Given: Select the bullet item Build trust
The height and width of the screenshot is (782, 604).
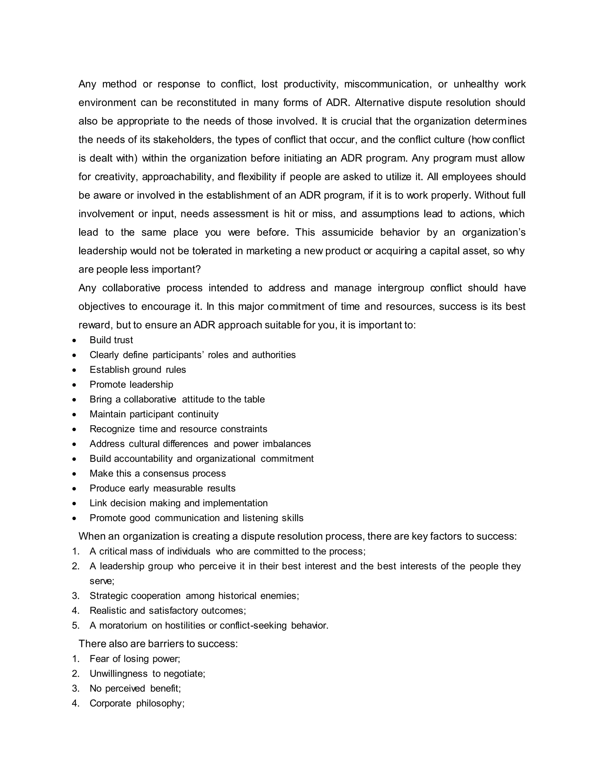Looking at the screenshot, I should click(x=111, y=340).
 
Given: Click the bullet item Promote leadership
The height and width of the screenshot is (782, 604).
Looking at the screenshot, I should click(x=131, y=385).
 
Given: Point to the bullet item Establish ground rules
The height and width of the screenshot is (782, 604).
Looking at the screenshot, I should click(x=137, y=370).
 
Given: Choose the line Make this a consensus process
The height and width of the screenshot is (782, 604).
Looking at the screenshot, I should click(x=157, y=474).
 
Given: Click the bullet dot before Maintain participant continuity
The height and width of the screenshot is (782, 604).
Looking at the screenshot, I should click(x=74, y=415).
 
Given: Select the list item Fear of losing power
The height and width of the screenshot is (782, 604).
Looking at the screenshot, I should click(x=134, y=659).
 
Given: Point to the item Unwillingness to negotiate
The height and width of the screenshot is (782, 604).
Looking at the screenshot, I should click(x=147, y=674).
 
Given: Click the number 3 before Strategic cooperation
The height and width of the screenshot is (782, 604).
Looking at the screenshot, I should click(x=75, y=596).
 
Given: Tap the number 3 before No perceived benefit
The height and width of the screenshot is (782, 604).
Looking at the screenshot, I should click(x=75, y=688).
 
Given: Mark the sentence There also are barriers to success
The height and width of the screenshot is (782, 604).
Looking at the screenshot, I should click(x=158, y=644).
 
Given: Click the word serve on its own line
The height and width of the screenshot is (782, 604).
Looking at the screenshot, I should click(x=102, y=581).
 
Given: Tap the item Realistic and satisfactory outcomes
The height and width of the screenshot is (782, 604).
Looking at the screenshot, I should click(x=168, y=611).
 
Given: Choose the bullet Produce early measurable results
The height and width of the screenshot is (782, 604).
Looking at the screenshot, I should click(x=163, y=488).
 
